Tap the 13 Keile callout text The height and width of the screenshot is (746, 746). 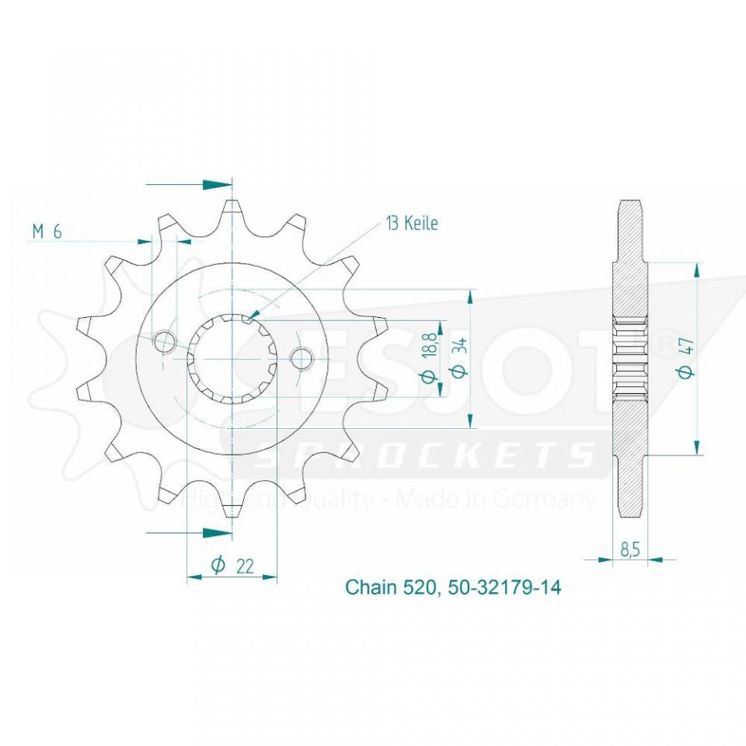tap(411, 224)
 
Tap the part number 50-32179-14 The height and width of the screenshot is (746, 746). tap(504, 587)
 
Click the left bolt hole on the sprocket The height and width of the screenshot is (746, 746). tap(166, 341)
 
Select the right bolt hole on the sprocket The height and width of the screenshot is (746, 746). tap(302, 358)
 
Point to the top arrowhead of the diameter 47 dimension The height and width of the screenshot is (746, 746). tap(697, 270)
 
